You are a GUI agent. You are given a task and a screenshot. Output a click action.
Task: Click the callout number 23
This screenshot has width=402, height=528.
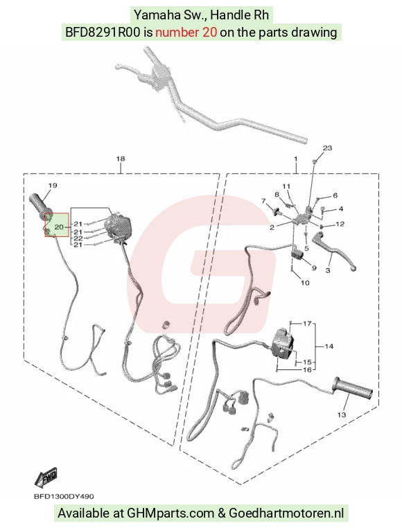(327, 148)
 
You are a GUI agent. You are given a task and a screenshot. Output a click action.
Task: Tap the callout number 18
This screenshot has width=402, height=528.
(121, 159)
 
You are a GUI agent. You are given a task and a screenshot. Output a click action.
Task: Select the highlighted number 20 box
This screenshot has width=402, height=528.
(57, 225)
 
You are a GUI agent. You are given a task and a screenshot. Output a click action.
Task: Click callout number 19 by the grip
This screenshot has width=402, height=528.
(53, 185)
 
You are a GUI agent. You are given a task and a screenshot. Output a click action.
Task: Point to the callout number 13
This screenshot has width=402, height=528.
(342, 414)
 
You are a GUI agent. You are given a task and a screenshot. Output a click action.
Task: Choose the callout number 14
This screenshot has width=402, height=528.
(329, 346)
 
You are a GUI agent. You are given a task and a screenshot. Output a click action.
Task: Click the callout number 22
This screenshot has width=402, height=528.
(78, 238)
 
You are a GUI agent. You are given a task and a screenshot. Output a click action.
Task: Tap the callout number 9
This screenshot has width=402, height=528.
(314, 268)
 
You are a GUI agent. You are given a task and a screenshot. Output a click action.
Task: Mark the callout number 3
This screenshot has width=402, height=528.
(328, 270)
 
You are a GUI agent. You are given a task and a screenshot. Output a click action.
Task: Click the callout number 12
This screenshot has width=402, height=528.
(340, 224)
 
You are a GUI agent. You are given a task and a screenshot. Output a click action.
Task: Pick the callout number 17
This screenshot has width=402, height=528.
(307, 324)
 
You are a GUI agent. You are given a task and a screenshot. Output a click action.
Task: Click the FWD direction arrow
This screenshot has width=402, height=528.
(46, 478)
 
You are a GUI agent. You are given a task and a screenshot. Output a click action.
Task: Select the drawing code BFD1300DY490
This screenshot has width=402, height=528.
(64, 497)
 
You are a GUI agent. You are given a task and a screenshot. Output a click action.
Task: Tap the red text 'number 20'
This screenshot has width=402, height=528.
(186, 33)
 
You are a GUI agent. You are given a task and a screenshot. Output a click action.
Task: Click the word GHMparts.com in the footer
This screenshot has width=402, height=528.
(171, 513)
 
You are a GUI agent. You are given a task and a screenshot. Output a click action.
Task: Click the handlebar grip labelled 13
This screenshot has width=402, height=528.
(353, 387)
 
